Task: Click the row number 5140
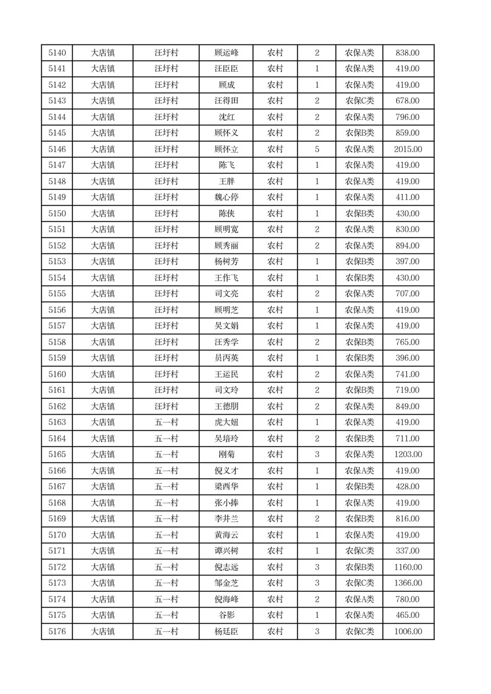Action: pos(57,53)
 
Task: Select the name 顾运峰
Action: pos(226,53)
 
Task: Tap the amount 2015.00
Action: pos(408,149)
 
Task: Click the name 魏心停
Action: pos(226,197)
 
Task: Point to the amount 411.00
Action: pos(408,197)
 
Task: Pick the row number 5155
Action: pos(57,294)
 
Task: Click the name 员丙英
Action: pos(226,358)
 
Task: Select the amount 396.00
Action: pos(408,358)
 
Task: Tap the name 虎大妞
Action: pos(226,422)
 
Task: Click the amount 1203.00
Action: pos(408,455)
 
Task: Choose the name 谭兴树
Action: pos(226,551)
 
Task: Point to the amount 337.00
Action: pos(408,551)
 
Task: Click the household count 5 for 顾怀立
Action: pos(317,149)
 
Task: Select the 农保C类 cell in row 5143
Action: pos(359,101)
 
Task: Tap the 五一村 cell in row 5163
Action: pos(166,422)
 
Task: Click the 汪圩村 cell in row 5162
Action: pos(166,406)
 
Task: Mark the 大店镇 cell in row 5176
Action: pos(103,632)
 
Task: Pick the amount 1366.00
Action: pos(408,583)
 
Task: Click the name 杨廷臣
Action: pos(226,632)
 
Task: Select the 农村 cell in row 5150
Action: pos(275,213)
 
